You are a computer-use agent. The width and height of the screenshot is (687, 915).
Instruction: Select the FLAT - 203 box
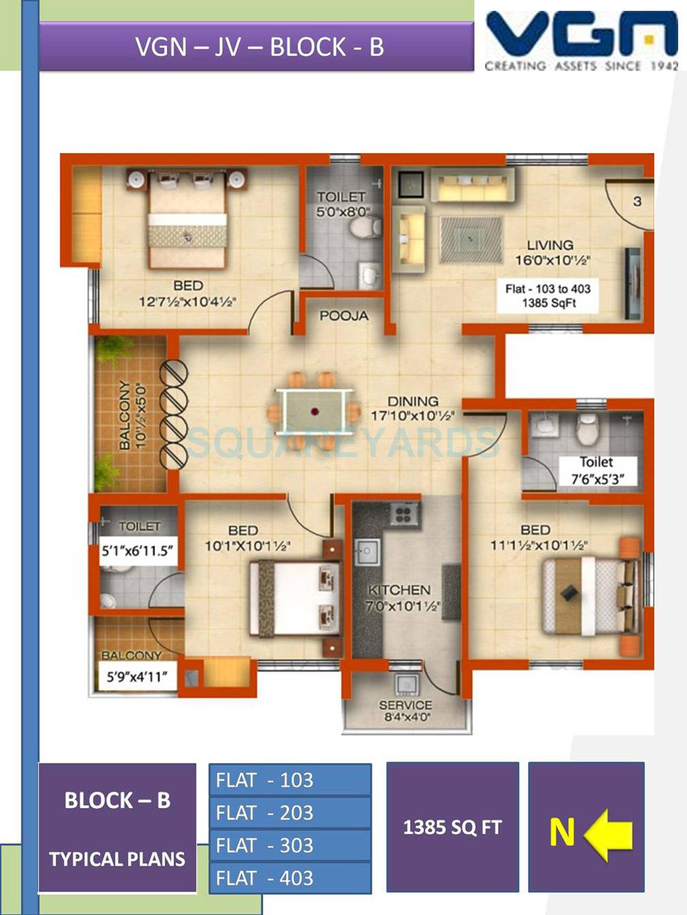(x=290, y=813)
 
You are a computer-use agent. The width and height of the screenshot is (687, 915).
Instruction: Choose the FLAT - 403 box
(x=290, y=878)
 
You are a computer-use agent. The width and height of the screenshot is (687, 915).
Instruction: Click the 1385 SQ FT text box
(x=452, y=827)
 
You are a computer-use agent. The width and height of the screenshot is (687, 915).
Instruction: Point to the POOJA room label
(x=343, y=316)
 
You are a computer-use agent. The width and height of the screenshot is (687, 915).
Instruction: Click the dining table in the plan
(x=315, y=412)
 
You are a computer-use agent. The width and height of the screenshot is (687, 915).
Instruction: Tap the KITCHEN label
(x=399, y=590)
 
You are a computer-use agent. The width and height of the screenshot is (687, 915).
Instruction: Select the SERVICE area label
(x=405, y=705)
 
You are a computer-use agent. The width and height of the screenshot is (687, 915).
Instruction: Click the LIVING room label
(x=550, y=245)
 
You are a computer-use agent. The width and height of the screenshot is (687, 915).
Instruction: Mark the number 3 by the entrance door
(x=637, y=201)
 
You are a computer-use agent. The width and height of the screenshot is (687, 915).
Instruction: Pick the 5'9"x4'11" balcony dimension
(x=137, y=677)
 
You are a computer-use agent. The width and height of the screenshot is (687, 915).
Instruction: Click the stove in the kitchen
(x=405, y=514)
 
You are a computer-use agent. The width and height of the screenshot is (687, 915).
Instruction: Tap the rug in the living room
(x=471, y=240)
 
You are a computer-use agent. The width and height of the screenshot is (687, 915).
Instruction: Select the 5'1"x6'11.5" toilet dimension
(x=137, y=551)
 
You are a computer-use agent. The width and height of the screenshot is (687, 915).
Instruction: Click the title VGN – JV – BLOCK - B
(x=258, y=47)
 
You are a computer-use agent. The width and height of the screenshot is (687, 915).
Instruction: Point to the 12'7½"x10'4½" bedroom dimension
(x=188, y=301)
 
